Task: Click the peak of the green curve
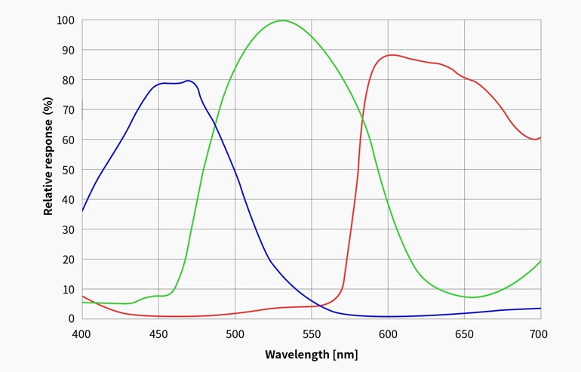282,20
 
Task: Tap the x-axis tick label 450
158,334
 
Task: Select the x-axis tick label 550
311,334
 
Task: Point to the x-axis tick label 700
539,334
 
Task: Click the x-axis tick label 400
81,334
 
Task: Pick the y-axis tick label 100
65,20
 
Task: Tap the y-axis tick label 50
68,170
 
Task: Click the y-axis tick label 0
71,318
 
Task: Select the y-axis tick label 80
68,80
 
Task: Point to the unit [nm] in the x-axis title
345,354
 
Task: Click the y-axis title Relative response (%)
48,156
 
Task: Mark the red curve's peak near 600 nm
392,54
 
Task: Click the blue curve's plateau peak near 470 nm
188,81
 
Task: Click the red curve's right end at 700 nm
540,137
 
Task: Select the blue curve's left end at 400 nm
81,211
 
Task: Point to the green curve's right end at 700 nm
540,261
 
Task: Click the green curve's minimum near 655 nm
472,297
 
